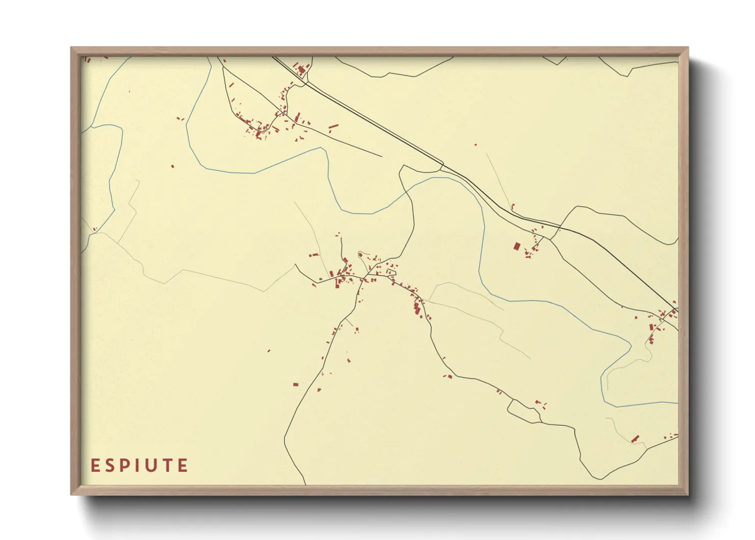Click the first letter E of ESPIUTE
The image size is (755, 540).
coord(95,465)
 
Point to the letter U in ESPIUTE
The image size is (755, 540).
coord(150,465)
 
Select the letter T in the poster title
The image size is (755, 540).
coord(167,465)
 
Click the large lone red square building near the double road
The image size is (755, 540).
coord(517,247)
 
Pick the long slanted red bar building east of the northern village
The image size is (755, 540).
coord(334,126)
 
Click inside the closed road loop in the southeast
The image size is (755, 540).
coord(524,411)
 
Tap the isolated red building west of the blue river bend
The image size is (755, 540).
coord(172,166)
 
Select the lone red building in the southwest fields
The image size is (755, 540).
coord(295,384)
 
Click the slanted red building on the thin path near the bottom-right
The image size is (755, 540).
coord(635,438)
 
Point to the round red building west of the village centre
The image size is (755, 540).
coord(361,254)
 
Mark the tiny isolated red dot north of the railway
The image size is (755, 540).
coord(475,145)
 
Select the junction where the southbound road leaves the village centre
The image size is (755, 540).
coord(363,279)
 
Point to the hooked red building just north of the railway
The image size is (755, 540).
coord(513,207)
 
